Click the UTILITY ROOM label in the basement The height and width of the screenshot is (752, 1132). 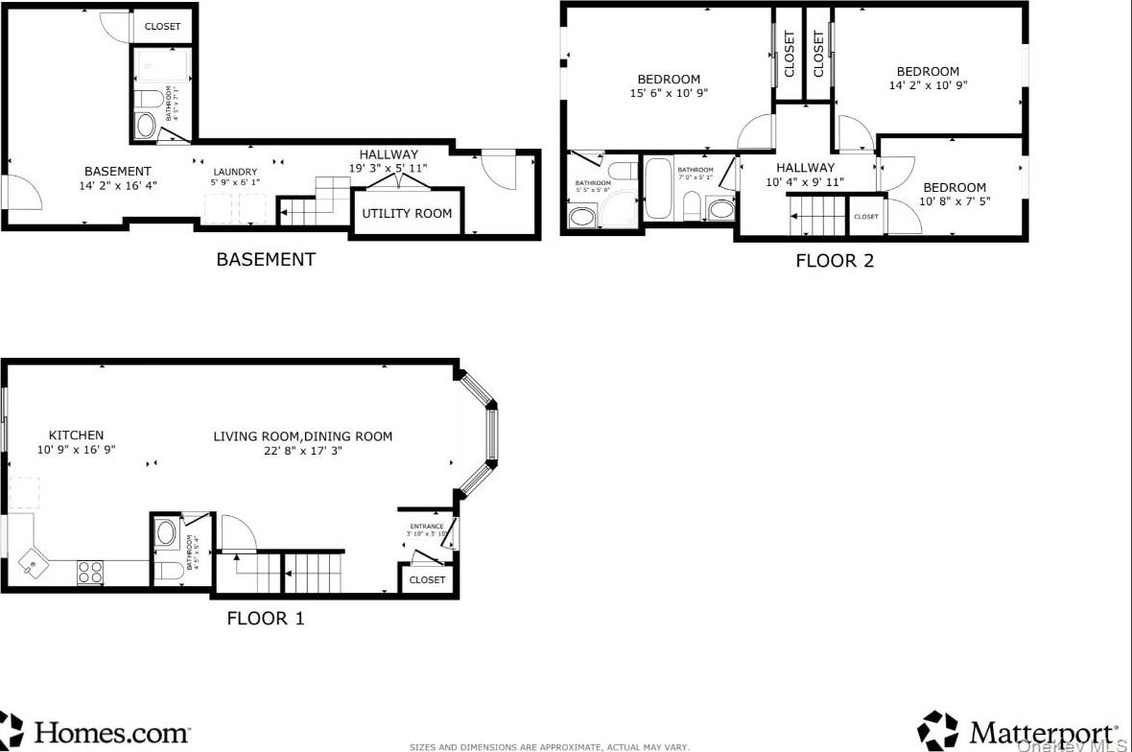[x=406, y=213]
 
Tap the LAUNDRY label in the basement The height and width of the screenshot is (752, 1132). [x=235, y=172]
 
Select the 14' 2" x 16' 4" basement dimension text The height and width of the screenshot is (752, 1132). [x=117, y=186]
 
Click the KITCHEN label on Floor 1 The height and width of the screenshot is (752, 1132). [x=76, y=435]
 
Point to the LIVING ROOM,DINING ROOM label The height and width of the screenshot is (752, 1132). [x=302, y=436]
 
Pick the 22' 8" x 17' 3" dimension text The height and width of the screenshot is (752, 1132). [x=302, y=451]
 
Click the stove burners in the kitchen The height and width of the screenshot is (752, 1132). [x=90, y=572]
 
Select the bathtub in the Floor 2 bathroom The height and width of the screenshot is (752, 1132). [x=659, y=189]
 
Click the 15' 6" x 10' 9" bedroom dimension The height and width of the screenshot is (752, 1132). [x=669, y=94]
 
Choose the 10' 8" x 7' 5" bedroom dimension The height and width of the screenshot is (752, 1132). [x=955, y=201]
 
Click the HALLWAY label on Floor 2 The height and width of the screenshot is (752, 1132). [x=805, y=168]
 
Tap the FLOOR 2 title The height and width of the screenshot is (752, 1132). [x=835, y=260]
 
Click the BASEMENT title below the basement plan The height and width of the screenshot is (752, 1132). [x=265, y=259]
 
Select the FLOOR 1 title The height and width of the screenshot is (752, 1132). [x=265, y=619]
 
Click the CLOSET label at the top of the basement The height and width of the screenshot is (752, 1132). [x=162, y=27]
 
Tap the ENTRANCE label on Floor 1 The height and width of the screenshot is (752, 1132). [x=427, y=527]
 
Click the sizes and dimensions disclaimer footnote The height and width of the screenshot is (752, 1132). [x=549, y=746]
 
